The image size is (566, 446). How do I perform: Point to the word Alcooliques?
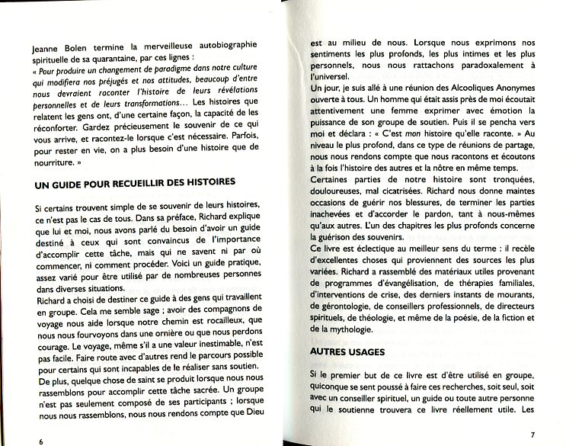(461, 90)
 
